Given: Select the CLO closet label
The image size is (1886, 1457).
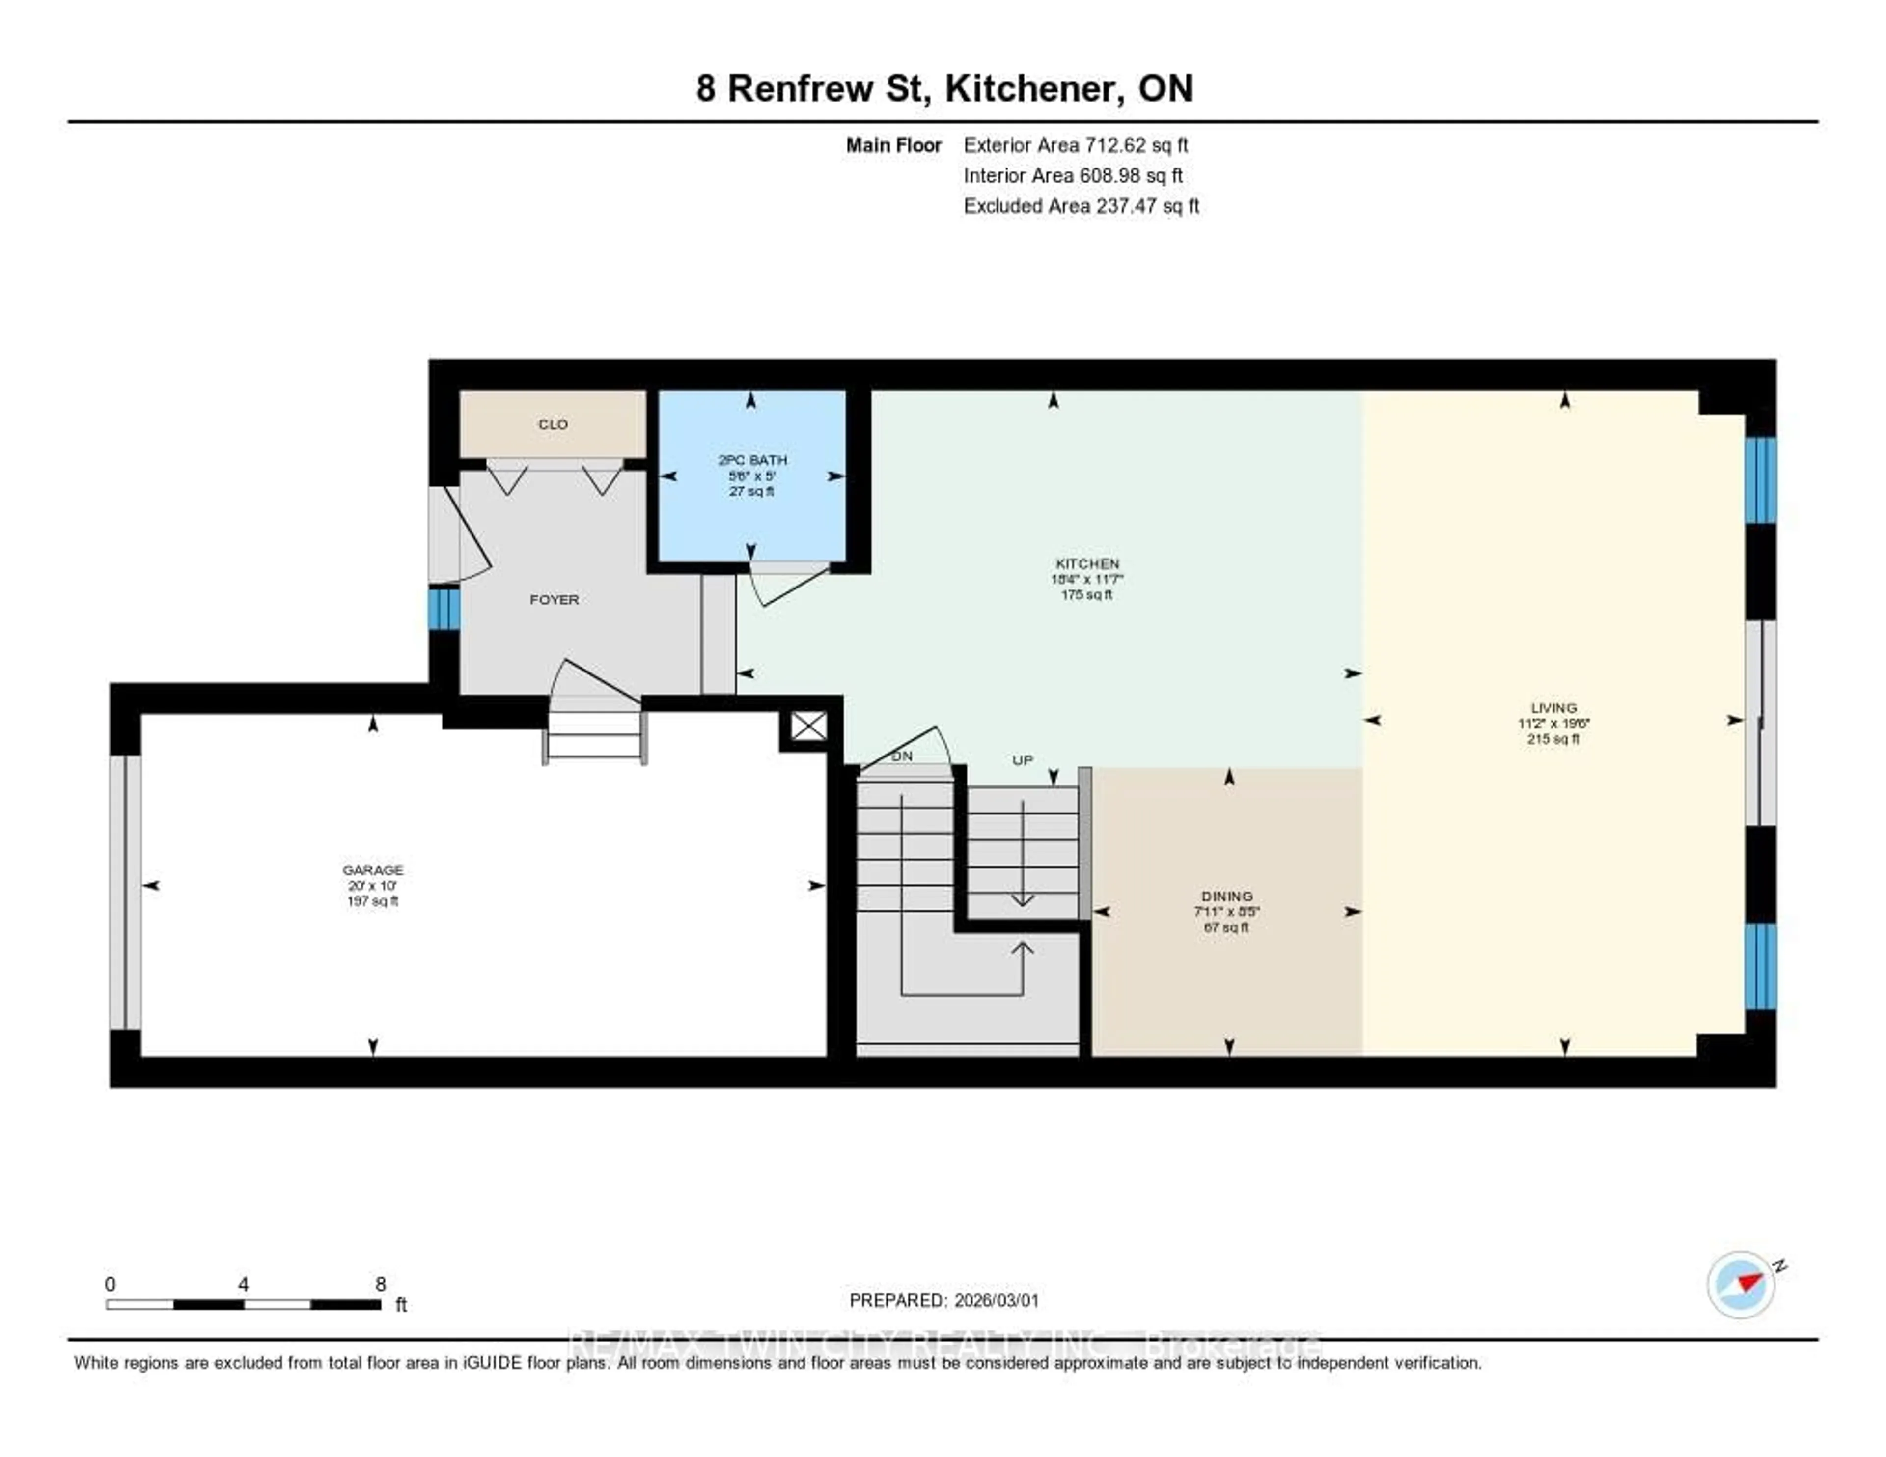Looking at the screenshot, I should pos(553,424).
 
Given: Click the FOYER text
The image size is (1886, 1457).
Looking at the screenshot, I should pos(554,599).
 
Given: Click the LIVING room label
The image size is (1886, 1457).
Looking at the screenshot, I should pos(1553,707).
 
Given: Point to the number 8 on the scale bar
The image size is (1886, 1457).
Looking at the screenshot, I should pos(380,1284).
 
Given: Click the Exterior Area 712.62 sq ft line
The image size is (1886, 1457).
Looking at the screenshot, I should pos(1075,145).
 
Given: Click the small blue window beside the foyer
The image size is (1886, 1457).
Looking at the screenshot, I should pos(444,609).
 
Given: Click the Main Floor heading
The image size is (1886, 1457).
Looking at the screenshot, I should pos(893,145).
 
